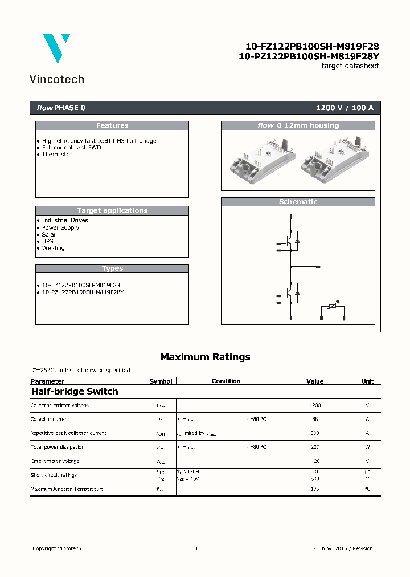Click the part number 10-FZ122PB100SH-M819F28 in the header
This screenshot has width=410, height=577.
[x=311, y=47]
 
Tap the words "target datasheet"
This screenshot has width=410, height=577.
[x=350, y=66]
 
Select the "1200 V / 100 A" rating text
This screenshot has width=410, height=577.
[x=345, y=108]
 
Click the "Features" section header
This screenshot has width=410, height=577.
[x=112, y=125]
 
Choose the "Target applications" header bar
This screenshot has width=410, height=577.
[x=112, y=210]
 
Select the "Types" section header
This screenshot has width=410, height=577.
[x=112, y=269]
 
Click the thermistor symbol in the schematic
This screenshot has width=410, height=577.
[x=333, y=306]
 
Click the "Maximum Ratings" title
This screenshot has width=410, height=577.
[x=205, y=357]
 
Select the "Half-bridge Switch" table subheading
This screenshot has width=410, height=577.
[x=75, y=392]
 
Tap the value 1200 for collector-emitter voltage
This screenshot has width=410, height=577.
[x=315, y=405]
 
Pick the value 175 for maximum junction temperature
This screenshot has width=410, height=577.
[x=315, y=489]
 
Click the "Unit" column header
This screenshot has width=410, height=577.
[x=367, y=381]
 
